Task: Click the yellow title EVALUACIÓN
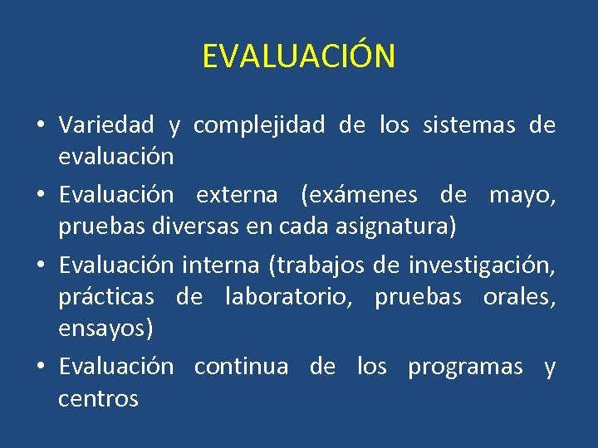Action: point(299,56)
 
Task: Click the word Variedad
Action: point(106,125)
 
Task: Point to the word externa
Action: point(237,195)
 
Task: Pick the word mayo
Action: point(521,195)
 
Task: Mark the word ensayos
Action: point(105,329)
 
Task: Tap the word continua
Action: point(241,367)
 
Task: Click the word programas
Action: point(465,367)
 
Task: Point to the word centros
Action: point(98,399)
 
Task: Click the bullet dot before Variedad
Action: point(40,126)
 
